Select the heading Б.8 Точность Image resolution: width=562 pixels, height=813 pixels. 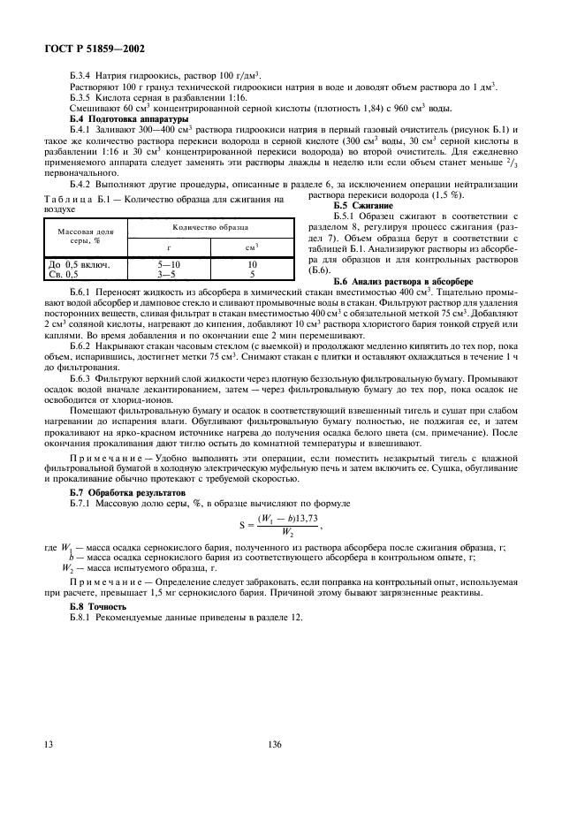(98, 607)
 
